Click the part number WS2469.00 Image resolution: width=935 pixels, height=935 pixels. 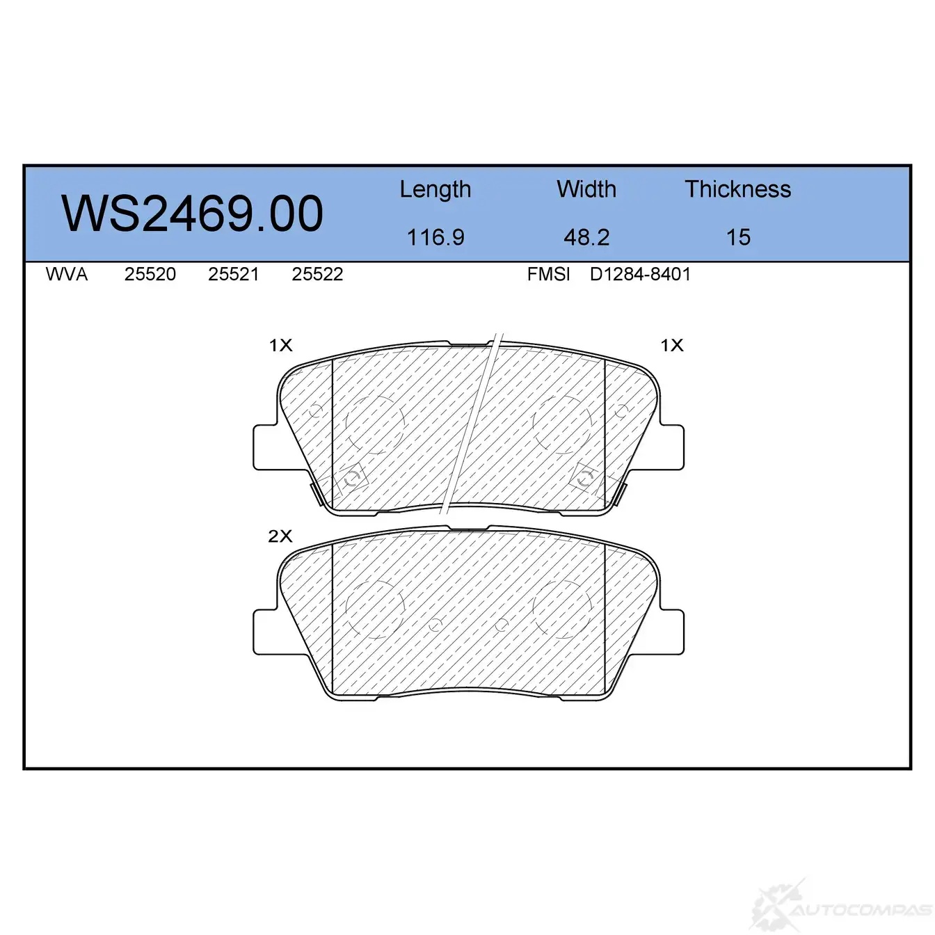pyautogui.click(x=192, y=214)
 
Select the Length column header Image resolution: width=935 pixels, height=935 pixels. pyautogui.click(x=435, y=190)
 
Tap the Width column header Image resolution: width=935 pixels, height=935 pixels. pyautogui.click(x=586, y=189)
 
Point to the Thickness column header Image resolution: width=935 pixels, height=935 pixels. pyautogui.click(x=737, y=189)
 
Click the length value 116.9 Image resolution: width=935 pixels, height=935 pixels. pyautogui.click(x=435, y=237)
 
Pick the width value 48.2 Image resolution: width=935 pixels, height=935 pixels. pyautogui.click(x=586, y=237)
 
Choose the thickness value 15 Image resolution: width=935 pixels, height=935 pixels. pyautogui.click(x=738, y=237)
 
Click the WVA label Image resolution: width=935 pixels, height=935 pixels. pyautogui.click(x=67, y=275)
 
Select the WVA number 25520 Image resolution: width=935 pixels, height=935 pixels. pyautogui.click(x=150, y=275)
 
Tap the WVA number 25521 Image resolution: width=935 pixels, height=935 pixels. pyautogui.click(x=233, y=275)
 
